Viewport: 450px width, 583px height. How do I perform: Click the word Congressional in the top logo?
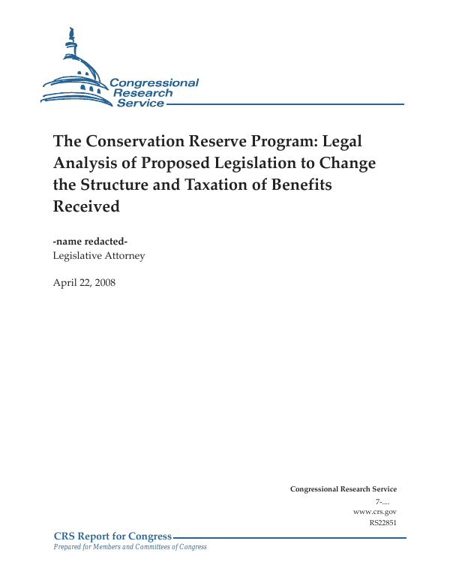(x=154, y=83)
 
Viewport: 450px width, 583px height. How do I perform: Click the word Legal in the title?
(x=343, y=141)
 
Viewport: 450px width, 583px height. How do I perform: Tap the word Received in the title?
(x=86, y=206)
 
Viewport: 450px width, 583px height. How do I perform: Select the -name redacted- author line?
(x=95, y=241)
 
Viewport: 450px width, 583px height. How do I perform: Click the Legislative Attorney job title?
(x=99, y=256)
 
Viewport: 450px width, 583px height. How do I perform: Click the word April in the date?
(x=65, y=282)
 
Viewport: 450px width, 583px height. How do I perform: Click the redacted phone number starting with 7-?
(x=385, y=500)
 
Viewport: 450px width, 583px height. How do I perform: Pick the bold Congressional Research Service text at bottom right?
(x=343, y=489)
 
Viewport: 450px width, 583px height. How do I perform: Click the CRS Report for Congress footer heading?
(x=113, y=536)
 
